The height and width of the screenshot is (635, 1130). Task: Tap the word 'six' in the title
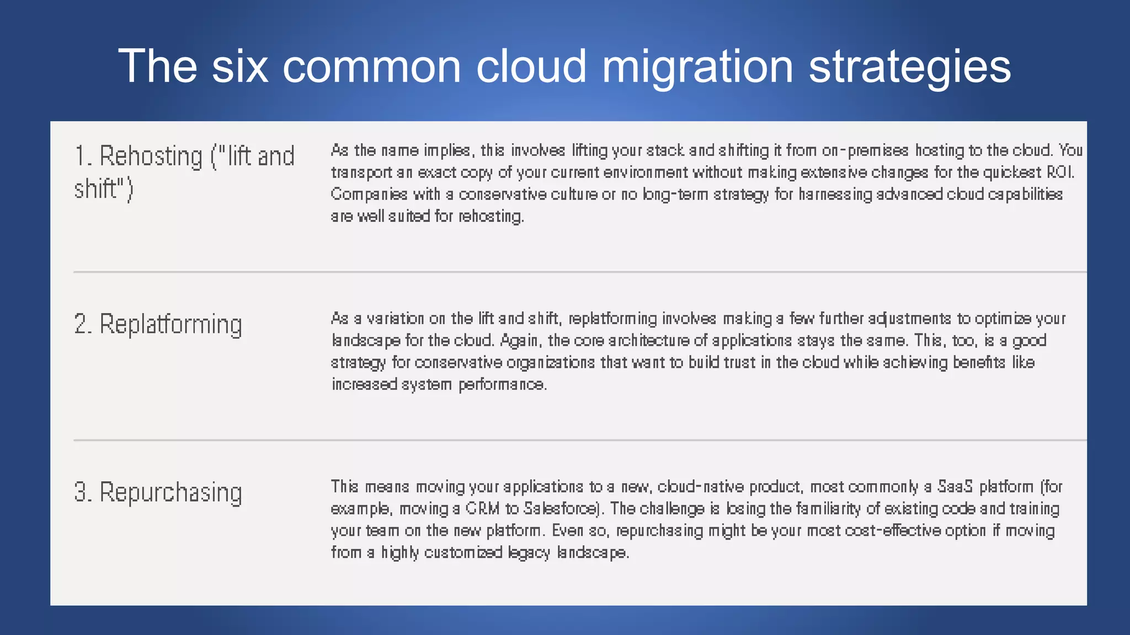[x=240, y=67]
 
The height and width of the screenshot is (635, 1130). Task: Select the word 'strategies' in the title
[x=909, y=67]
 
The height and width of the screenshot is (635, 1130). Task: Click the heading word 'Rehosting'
[x=151, y=157]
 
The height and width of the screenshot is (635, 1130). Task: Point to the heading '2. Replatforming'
[x=158, y=325]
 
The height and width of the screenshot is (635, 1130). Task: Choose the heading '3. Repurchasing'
[x=158, y=493]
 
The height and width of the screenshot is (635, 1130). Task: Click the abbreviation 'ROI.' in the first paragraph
[x=1060, y=173]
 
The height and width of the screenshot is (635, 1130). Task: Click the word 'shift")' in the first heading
[x=104, y=190]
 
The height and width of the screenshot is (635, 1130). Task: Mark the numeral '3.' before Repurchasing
[x=83, y=493]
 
